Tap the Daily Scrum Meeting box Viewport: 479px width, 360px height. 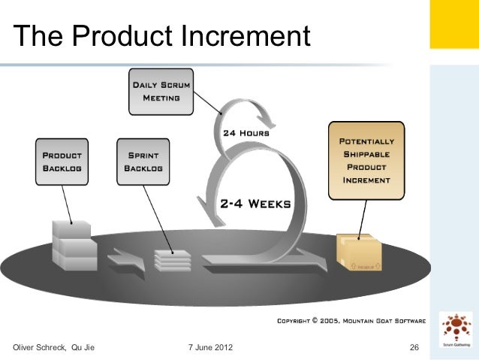click(x=160, y=92)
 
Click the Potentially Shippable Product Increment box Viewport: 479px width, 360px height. click(x=366, y=161)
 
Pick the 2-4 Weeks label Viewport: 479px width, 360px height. click(x=255, y=203)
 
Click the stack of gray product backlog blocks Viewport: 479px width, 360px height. click(x=74, y=245)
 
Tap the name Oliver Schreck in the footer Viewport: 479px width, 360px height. click(x=39, y=346)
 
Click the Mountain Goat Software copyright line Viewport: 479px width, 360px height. click(x=351, y=321)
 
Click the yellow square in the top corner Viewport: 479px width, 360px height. click(x=453, y=24)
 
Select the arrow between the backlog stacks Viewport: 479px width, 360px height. click(x=123, y=260)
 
